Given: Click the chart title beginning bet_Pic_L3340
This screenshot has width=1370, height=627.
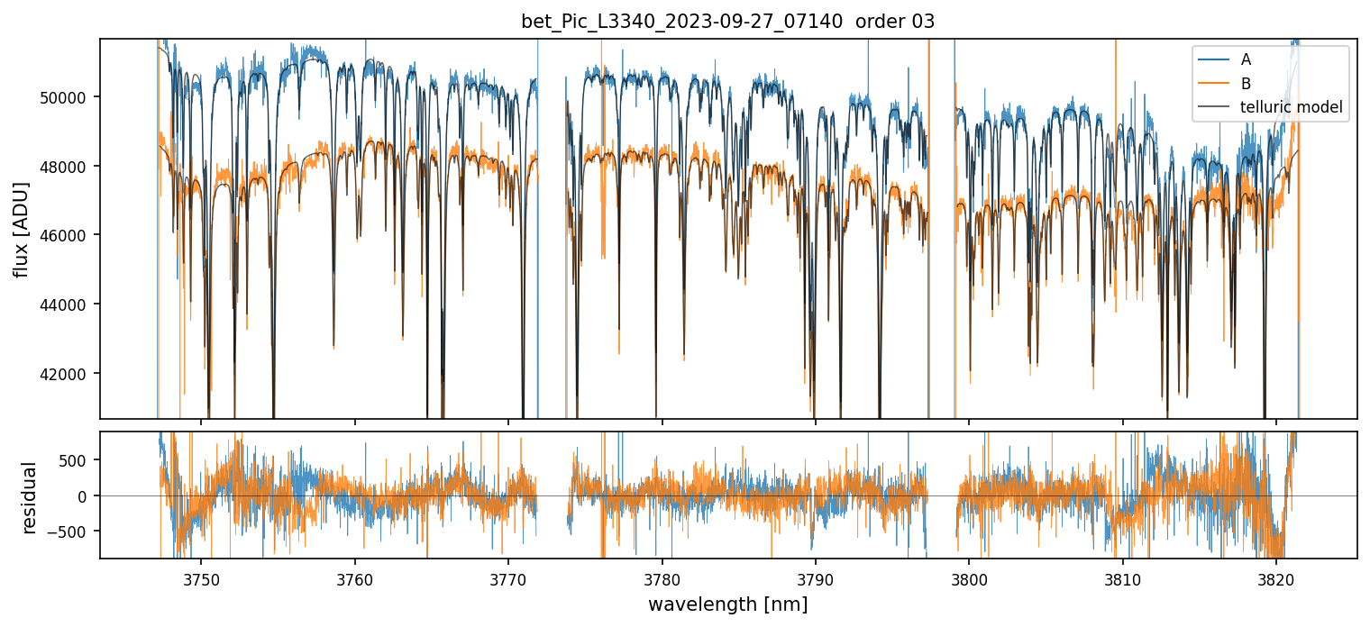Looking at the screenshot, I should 728,22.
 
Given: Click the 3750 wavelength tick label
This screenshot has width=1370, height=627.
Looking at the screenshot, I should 201,577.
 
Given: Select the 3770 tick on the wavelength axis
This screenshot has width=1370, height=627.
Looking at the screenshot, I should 508,577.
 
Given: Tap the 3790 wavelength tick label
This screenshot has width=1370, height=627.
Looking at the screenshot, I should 815,577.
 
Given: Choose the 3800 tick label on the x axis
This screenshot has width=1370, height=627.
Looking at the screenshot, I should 969,577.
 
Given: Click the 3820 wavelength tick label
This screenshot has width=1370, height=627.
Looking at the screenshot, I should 1275,577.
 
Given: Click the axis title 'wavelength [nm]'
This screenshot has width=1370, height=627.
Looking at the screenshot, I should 728,604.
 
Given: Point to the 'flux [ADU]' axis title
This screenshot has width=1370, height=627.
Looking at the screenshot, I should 22,229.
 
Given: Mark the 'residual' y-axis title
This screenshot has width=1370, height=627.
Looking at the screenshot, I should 29,496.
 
